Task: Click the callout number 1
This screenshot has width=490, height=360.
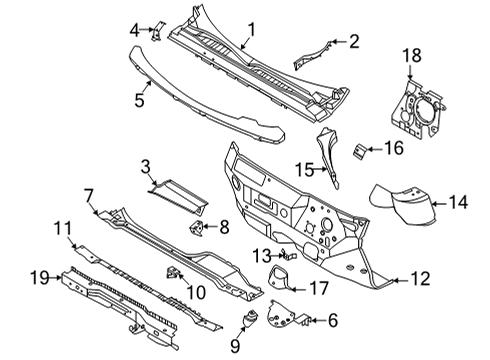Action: pos(252,29)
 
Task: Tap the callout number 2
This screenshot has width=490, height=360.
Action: pos(352,41)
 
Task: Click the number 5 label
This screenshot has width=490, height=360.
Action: pos(141,99)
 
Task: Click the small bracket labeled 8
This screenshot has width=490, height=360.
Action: pos(198,229)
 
